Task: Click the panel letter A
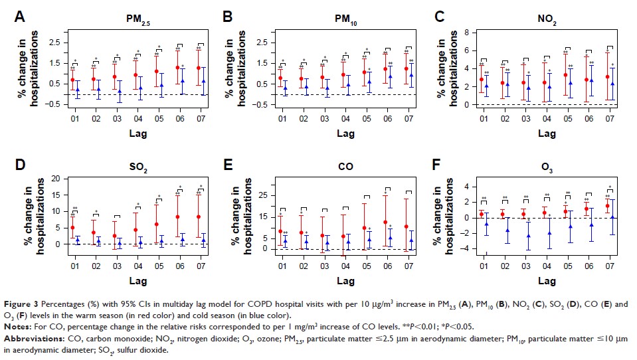[x=21, y=15]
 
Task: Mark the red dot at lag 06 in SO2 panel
[x=178, y=217]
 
